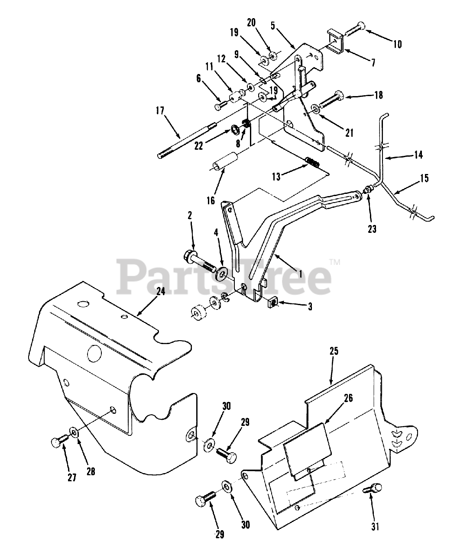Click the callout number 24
click(x=160, y=292)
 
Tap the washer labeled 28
click(x=74, y=432)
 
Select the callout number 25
click(x=334, y=351)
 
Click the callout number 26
click(x=348, y=398)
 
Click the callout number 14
click(x=418, y=155)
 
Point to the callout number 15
click(x=424, y=178)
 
